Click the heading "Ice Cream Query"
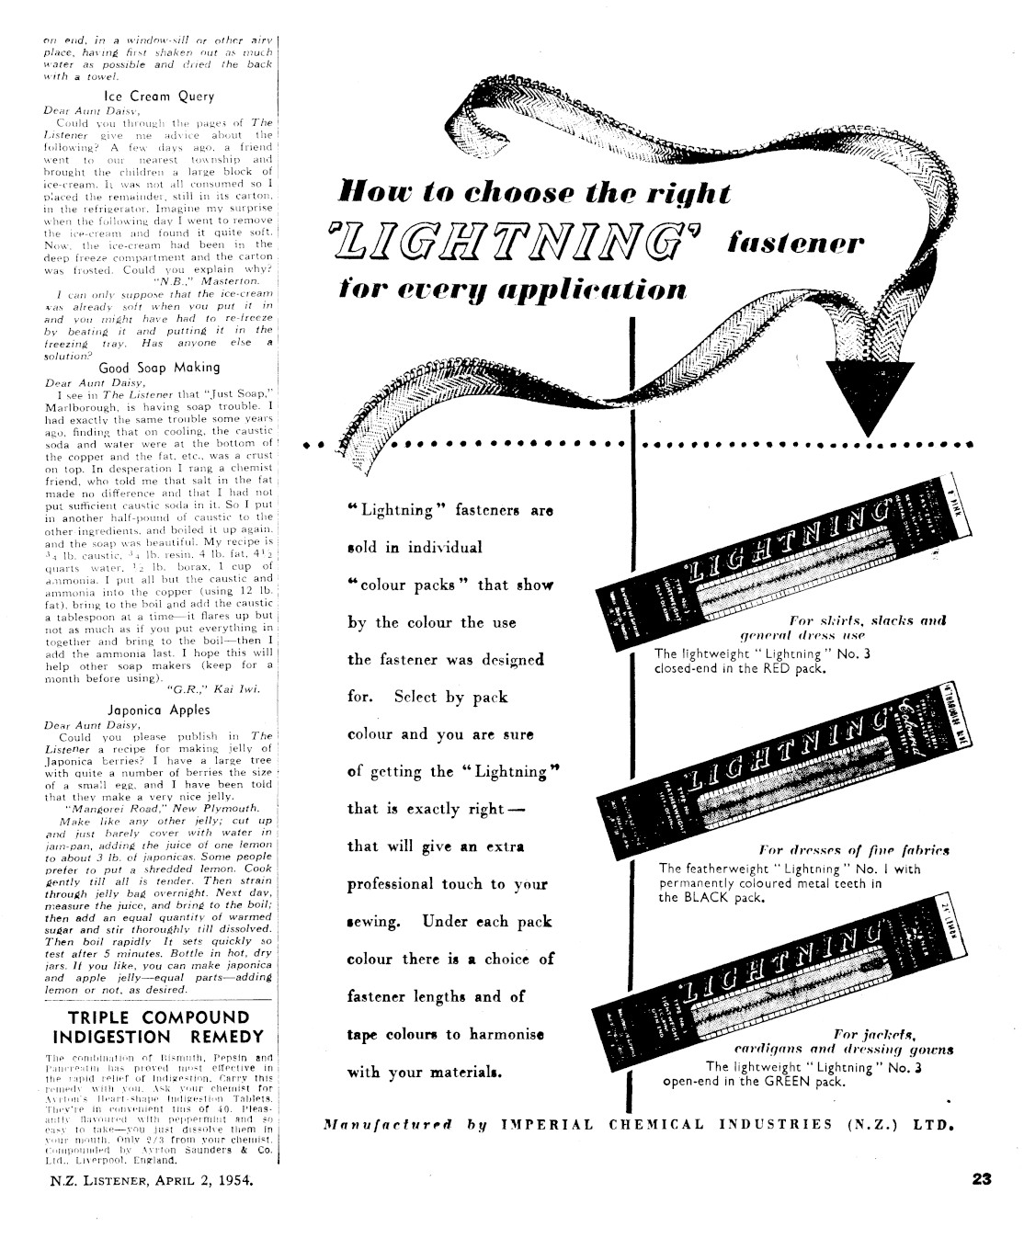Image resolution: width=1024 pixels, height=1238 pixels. coord(158,96)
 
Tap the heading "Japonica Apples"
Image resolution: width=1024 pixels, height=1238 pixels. coord(158,710)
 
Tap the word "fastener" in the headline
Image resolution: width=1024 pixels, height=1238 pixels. coord(795,244)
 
